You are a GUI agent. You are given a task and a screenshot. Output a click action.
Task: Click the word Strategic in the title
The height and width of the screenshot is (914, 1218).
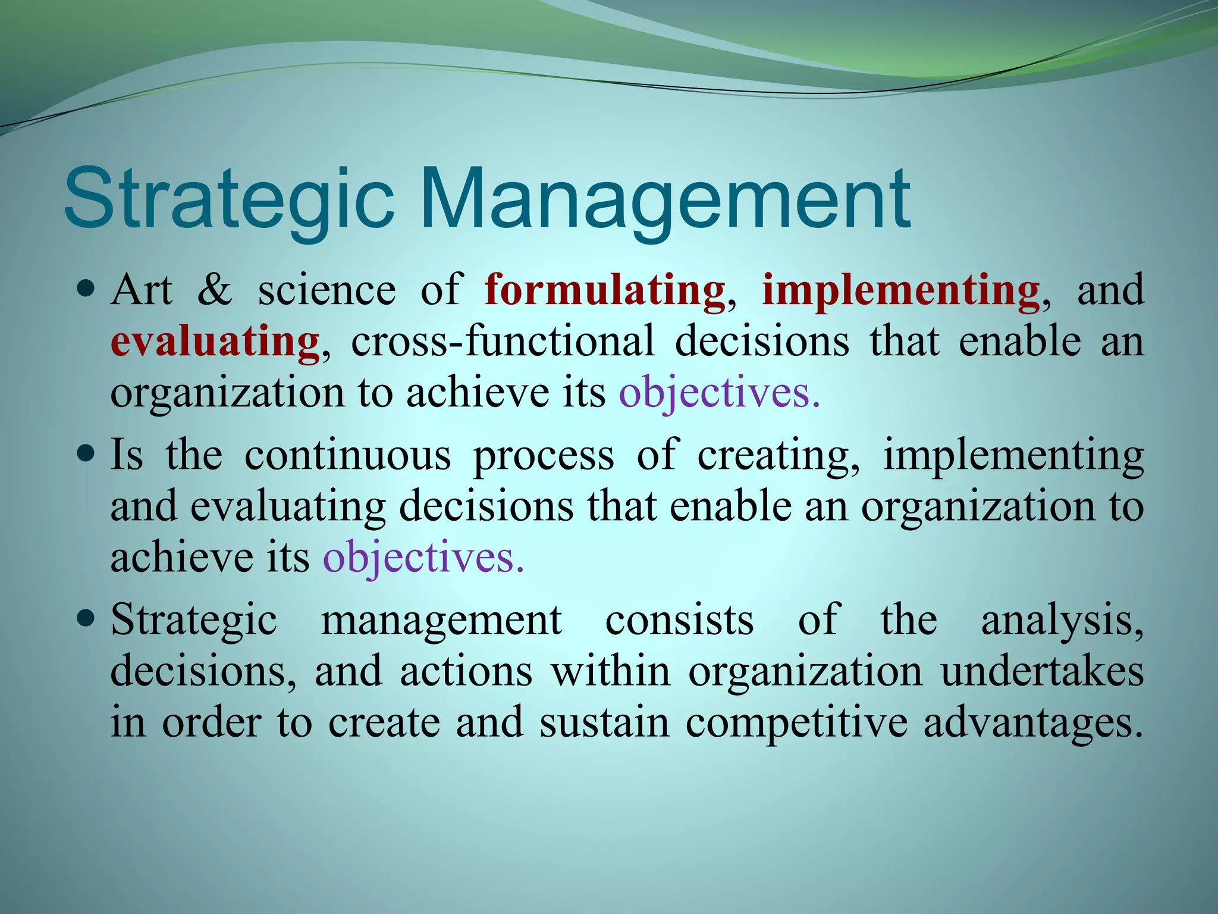pos(229,199)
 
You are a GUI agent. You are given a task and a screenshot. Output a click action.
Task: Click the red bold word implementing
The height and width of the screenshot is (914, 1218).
pos(901,290)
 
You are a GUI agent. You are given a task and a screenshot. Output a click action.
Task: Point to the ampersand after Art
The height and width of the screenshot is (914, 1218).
pos(215,290)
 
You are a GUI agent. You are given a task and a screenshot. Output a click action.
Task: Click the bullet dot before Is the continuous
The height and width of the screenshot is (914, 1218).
pos(87,455)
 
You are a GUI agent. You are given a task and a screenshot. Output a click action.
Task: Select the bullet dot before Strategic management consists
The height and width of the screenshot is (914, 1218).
pos(87,619)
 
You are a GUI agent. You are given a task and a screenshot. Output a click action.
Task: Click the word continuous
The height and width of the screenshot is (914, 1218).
pos(348,455)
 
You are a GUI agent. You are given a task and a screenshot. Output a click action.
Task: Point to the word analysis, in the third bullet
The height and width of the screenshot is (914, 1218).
pos(1062,620)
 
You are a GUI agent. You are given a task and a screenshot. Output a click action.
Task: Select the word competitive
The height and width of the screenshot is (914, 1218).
pos(797,723)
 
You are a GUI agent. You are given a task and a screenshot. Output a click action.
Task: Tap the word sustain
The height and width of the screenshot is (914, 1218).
pos(604,723)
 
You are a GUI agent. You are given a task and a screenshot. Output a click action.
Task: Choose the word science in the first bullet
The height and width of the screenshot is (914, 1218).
pos(327,290)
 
